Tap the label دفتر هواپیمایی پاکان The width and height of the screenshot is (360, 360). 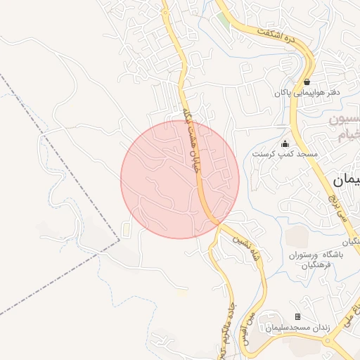point(307,92)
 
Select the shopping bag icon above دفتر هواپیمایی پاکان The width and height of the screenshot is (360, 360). point(307,82)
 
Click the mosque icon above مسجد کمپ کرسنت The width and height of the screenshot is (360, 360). point(285,143)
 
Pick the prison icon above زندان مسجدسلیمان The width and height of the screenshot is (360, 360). point(297,317)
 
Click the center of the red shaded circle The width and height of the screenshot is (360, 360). point(180,179)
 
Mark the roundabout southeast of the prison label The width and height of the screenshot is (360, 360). point(327,340)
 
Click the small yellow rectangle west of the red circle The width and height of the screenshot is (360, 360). point(126,229)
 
